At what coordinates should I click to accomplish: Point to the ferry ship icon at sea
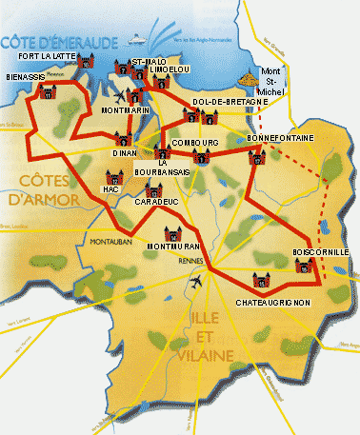tap(141, 39)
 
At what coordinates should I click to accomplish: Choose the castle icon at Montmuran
tap(172, 233)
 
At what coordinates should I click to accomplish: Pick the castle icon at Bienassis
tap(45, 92)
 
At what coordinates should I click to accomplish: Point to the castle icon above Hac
tap(115, 176)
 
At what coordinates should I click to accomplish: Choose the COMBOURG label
tap(194, 143)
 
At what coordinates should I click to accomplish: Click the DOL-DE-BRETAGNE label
tap(225, 101)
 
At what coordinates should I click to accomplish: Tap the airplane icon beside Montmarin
tap(120, 96)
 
